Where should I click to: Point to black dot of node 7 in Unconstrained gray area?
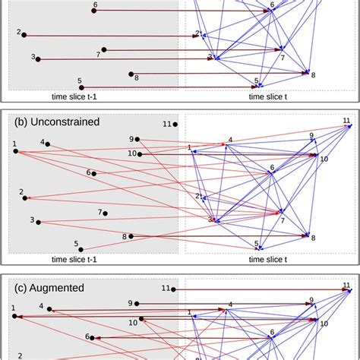106,213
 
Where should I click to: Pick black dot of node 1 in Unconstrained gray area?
15,152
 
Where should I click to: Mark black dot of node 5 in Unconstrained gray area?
81,248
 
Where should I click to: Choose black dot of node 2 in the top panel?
24,35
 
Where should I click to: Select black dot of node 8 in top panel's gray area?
131,74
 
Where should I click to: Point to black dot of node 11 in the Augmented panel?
174,289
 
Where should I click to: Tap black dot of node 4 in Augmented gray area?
51,308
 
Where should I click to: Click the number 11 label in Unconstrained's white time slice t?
347,121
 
